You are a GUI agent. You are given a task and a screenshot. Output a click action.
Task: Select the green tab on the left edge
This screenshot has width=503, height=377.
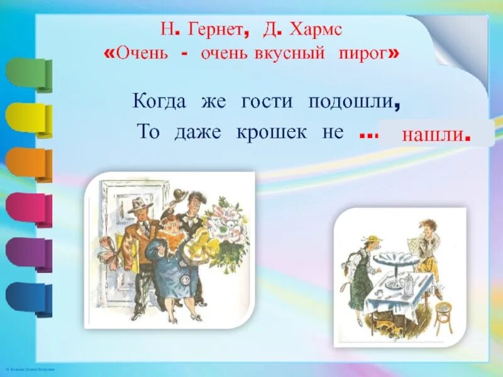click(x=26, y=73)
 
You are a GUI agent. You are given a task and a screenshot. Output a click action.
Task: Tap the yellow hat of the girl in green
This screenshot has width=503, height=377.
click(x=372, y=239)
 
